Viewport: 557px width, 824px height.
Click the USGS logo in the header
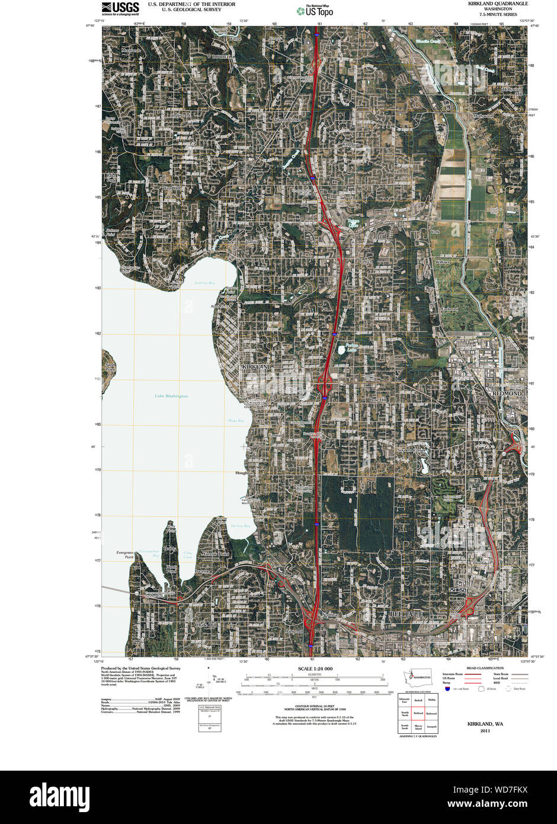(120, 8)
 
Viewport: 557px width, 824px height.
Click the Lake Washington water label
(171, 396)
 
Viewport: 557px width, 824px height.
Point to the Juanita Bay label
(204, 283)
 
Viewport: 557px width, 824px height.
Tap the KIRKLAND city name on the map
(257, 368)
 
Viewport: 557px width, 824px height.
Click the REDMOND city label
(507, 394)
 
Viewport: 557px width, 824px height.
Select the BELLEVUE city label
(406, 614)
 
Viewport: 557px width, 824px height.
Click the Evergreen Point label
(125, 554)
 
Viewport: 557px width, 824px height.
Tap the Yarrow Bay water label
(240, 526)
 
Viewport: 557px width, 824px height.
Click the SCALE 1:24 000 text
(315, 669)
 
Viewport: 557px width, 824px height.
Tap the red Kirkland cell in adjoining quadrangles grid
(418, 713)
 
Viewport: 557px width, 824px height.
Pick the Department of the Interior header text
(191, 4)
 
